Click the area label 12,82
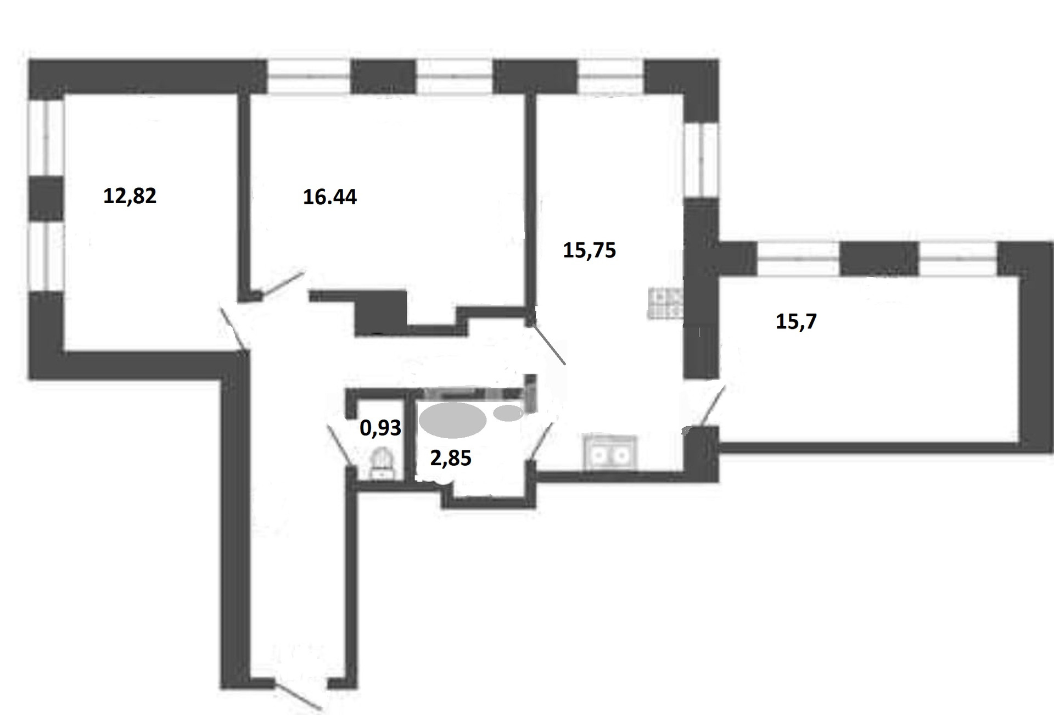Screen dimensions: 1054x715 tap(130, 196)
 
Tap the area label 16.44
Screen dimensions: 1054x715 tap(330, 197)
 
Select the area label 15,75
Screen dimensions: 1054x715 tap(590, 250)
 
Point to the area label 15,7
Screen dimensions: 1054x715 tap(796, 321)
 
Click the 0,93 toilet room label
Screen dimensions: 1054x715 tap(380, 428)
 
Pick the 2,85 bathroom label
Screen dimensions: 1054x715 tap(451, 457)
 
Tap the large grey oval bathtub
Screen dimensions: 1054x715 tap(452, 420)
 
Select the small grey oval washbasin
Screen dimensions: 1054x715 tap(509, 413)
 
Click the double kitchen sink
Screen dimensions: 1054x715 tap(610, 454)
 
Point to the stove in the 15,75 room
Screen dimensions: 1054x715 tap(665, 304)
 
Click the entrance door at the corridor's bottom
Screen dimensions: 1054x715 tap(298, 696)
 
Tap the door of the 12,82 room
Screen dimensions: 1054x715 tap(232, 328)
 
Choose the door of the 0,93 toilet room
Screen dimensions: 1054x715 tap(339, 445)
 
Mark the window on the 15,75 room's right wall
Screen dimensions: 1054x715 tap(701, 159)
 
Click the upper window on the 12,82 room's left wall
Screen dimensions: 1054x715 tap(46, 138)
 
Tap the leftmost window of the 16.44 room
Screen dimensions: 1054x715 tap(309, 77)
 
